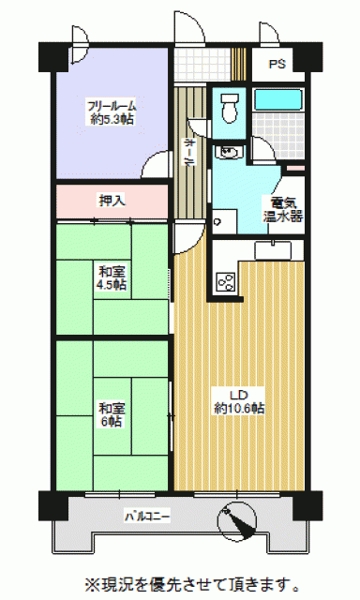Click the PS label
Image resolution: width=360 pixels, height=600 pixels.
click(277, 64)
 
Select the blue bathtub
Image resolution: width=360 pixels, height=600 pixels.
click(278, 99)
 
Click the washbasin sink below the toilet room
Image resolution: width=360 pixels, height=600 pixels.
click(228, 152)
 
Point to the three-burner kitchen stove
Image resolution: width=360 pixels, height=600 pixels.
click(226, 282)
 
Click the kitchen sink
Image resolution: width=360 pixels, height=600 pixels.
click(273, 250)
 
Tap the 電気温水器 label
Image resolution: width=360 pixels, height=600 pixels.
click(283, 209)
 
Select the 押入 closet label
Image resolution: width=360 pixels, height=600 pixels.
click(112, 201)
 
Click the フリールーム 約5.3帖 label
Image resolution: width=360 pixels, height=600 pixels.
click(112, 112)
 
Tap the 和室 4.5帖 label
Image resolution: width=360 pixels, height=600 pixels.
click(112, 278)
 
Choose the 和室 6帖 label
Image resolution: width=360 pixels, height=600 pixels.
click(112, 414)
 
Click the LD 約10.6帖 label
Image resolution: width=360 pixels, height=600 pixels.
click(239, 401)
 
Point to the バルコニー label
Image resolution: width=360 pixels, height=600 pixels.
click(147, 517)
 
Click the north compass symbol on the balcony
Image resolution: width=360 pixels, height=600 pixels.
click(237, 521)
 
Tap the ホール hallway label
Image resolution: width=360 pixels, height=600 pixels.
click(188, 152)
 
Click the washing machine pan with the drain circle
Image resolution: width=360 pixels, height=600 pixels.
click(225, 221)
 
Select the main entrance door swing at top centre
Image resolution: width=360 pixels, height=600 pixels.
click(189, 27)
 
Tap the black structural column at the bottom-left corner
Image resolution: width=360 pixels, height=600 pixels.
click(53, 506)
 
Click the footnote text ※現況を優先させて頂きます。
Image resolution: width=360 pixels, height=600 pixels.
click(192, 584)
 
